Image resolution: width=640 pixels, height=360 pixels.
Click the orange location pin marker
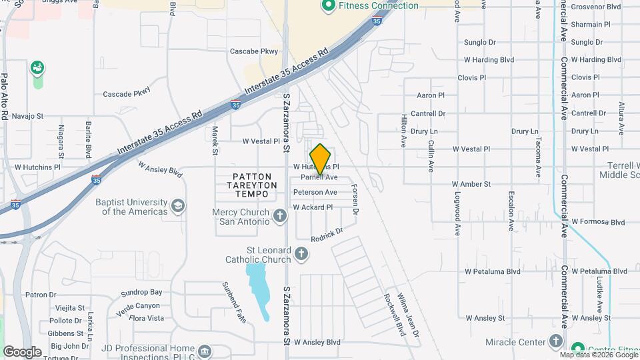321,159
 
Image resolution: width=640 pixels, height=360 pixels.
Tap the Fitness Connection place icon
328,6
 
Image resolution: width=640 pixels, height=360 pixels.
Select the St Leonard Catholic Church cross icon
301,253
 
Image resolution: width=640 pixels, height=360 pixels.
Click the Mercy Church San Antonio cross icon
280,216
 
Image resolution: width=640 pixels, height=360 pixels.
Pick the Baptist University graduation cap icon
178,205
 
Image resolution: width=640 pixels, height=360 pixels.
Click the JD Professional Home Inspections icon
205,351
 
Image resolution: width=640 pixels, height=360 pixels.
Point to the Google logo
21,352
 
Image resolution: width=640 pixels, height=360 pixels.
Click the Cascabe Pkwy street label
253,51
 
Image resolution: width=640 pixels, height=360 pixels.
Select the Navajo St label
27,116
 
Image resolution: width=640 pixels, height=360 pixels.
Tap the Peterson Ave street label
315,192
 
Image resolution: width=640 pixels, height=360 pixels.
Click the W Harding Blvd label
489,60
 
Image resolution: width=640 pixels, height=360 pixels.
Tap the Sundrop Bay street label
142,292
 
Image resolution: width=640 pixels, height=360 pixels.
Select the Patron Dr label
41,295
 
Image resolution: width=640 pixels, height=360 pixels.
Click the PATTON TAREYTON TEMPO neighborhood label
245,185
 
